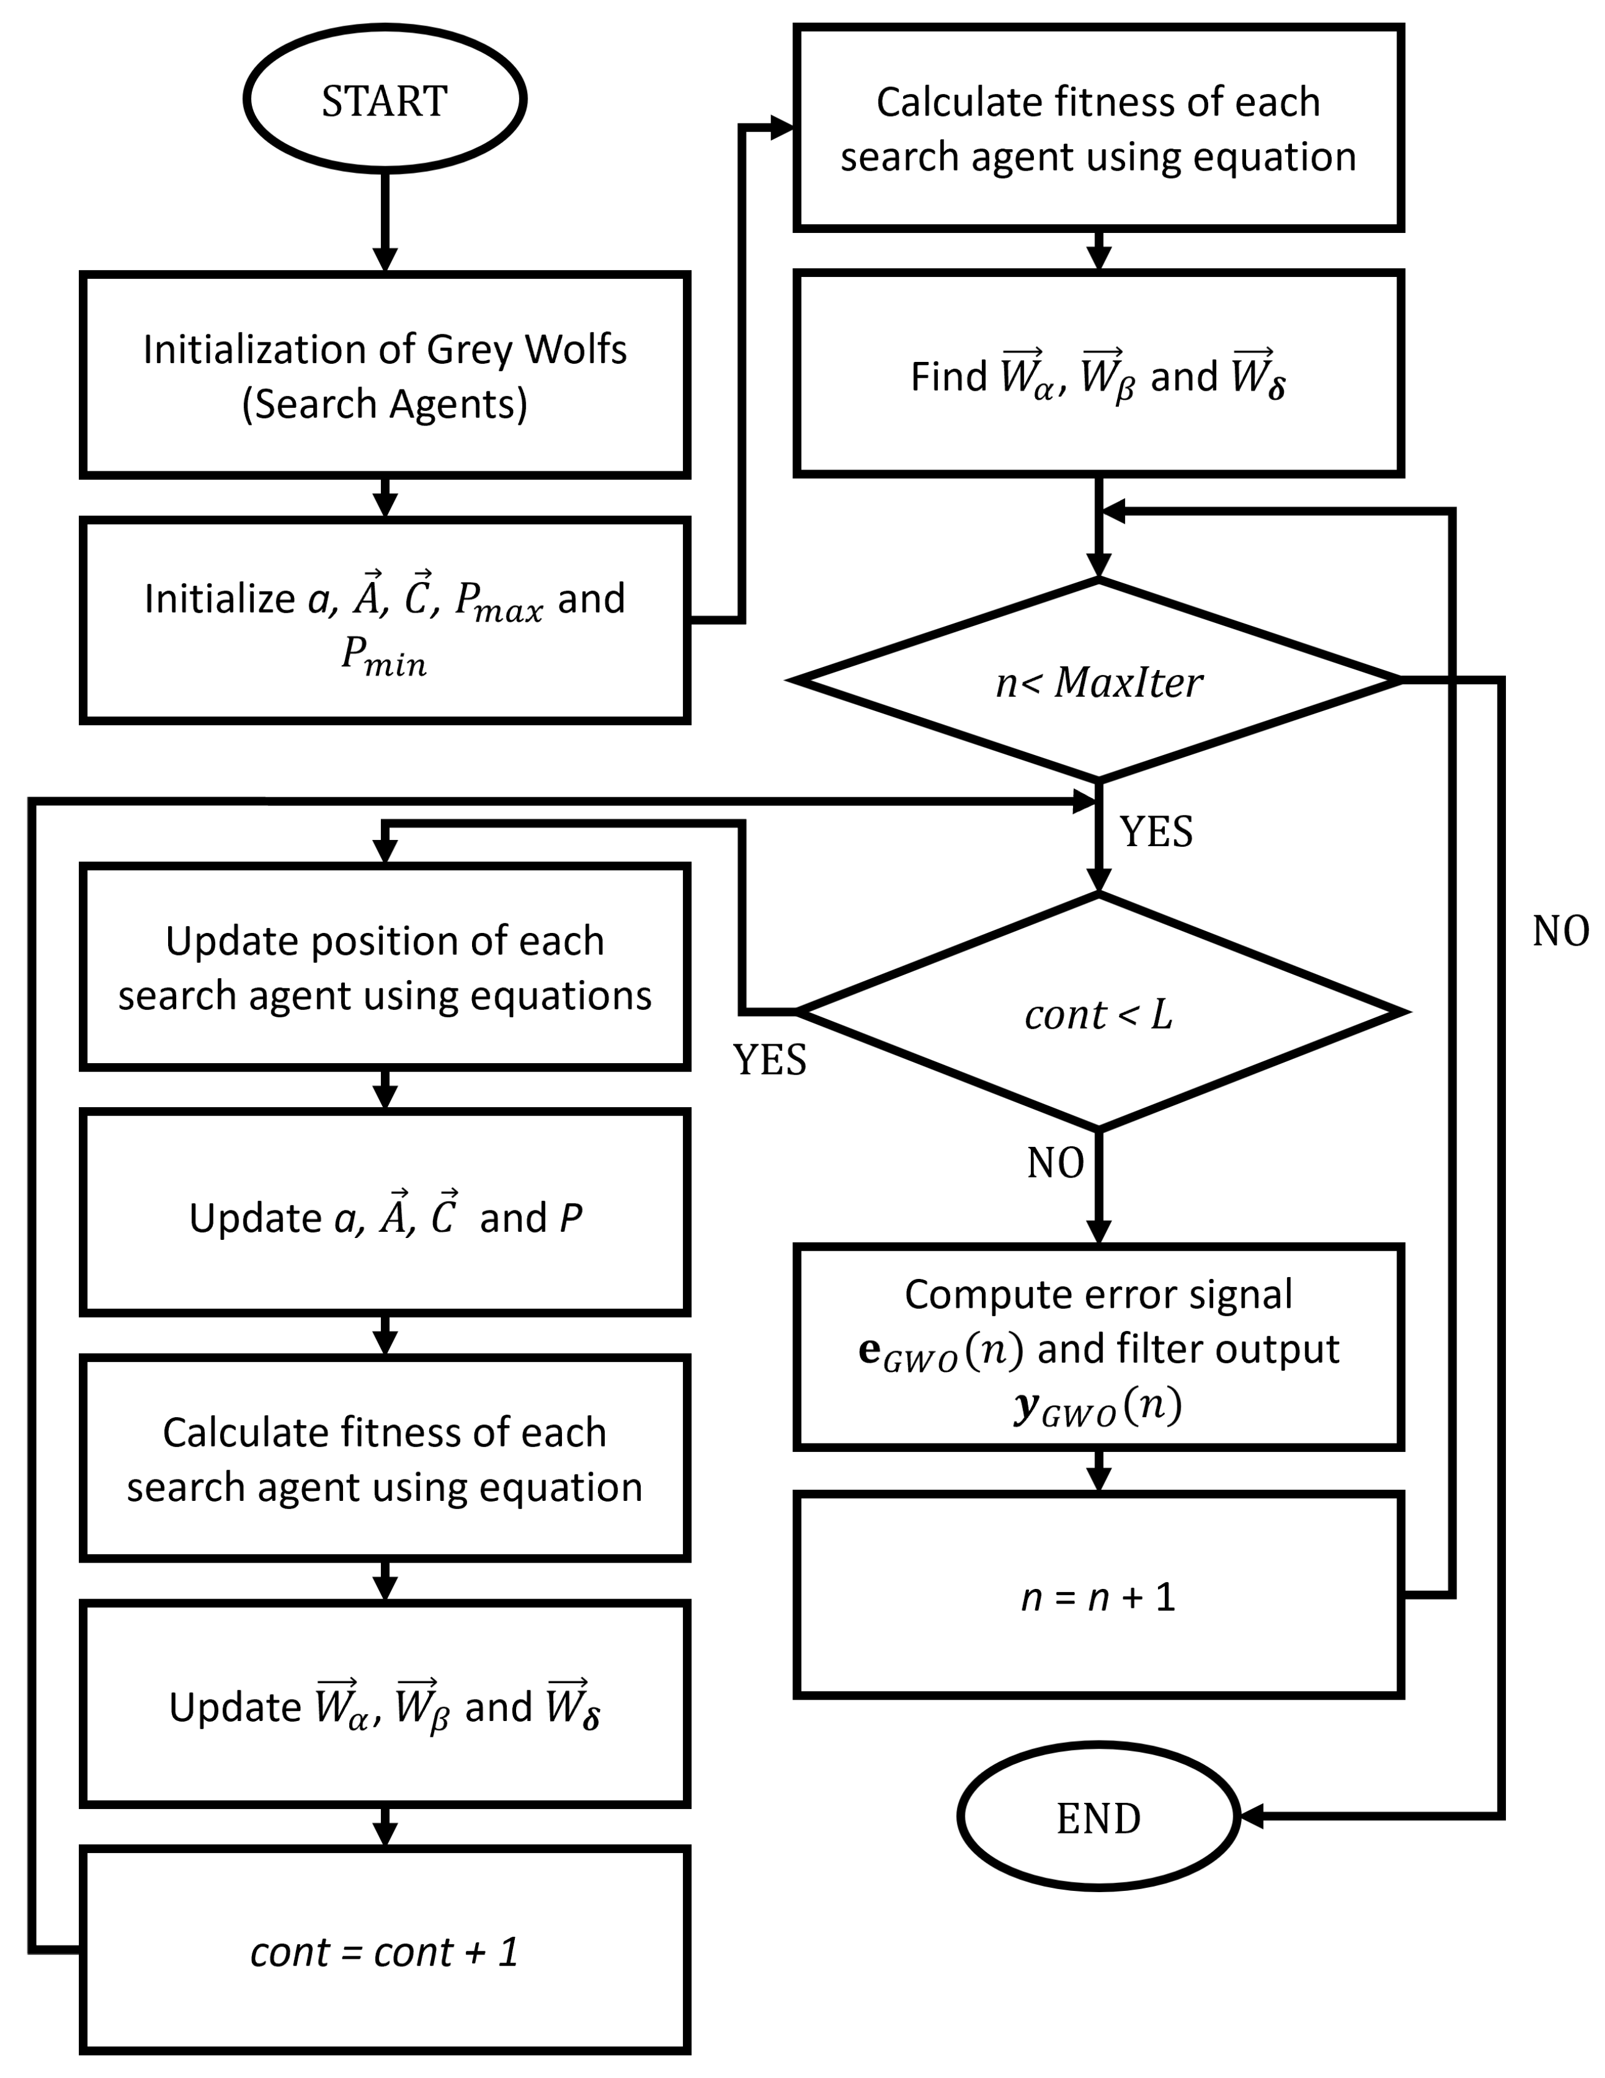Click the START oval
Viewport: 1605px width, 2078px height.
[385, 99]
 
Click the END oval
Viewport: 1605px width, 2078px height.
[1098, 1818]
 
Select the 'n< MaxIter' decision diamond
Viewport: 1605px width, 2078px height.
[1098, 681]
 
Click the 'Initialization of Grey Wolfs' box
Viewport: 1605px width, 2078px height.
[385, 375]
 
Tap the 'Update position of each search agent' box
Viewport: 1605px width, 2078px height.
[385, 967]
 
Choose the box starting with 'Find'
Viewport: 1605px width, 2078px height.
[1098, 375]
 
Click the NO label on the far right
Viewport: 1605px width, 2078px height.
[1560, 930]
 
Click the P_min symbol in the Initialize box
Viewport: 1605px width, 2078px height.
[383, 657]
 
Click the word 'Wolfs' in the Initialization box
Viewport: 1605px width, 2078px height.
[575, 349]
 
